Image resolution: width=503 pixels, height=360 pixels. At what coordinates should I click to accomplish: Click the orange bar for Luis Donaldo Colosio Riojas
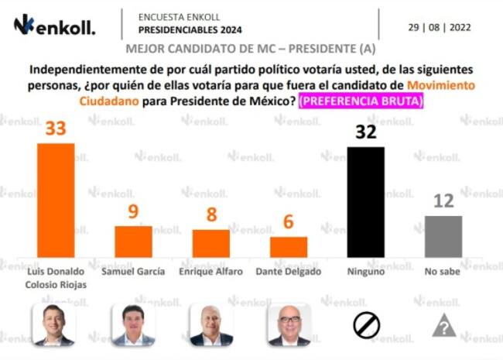click(x=56, y=200)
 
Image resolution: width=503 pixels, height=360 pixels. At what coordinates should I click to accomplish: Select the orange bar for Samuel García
click(x=133, y=242)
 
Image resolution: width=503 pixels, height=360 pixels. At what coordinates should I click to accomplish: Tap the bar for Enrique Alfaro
click(x=210, y=243)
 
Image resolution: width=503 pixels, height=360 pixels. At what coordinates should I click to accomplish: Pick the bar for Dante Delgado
click(x=289, y=247)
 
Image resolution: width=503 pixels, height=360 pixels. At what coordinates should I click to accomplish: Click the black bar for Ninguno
click(x=365, y=202)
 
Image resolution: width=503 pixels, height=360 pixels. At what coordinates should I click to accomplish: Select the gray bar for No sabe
click(x=443, y=236)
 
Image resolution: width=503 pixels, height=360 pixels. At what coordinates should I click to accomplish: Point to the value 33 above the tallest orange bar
click(x=56, y=129)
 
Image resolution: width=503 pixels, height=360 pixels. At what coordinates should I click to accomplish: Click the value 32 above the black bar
click(x=365, y=132)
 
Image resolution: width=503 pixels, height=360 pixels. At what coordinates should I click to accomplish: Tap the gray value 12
click(x=443, y=201)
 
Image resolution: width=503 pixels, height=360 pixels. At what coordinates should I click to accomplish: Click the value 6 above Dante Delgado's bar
click(x=289, y=222)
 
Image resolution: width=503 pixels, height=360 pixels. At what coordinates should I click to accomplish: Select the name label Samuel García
click(x=133, y=271)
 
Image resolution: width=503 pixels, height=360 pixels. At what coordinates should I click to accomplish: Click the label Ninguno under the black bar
click(x=365, y=271)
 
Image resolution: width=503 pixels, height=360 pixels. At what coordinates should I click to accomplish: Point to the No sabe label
click(x=443, y=271)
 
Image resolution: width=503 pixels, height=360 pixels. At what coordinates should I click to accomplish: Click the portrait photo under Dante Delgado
click(x=289, y=324)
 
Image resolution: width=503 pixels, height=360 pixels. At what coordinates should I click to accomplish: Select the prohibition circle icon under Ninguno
click(x=366, y=325)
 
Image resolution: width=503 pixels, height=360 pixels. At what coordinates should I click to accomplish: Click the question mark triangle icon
click(x=443, y=326)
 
